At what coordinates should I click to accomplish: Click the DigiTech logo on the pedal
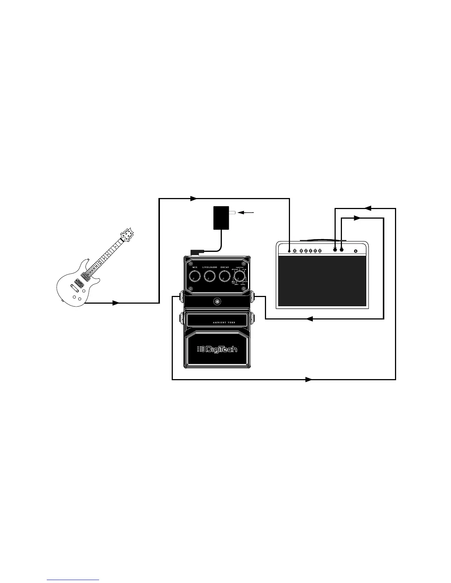(217, 349)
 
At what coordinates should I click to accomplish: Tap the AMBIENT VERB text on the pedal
(224, 322)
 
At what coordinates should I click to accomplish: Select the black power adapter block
(221, 218)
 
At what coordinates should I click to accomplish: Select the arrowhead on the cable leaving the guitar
(116, 303)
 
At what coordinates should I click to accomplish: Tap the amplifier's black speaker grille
(322, 281)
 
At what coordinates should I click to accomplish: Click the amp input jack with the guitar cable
(290, 251)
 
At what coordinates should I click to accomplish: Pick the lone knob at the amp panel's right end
(356, 251)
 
